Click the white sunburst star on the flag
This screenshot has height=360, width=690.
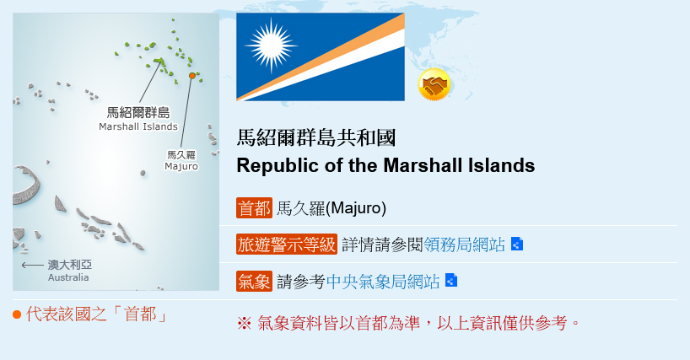pos(271,45)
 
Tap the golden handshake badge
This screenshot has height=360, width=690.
pos(434,84)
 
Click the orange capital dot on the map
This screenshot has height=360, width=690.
pos(191,76)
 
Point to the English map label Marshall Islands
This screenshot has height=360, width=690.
pos(138,126)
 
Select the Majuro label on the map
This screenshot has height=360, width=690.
pos(181,166)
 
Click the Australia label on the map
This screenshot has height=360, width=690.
pos(68,277)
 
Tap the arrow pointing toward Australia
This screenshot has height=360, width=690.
pos(33,265)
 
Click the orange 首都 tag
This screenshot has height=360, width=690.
pos(255,208)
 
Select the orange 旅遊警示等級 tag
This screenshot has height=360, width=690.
pos(287,244)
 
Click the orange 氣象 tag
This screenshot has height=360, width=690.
pos(255,282)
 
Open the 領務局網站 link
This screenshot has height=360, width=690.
pos(464,244)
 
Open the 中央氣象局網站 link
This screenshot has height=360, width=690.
pos(383,282)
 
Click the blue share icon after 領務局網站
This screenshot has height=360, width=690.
pos(517,244)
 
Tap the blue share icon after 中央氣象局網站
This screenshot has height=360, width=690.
pos(451,280)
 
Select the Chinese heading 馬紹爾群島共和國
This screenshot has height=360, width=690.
pos(316,137)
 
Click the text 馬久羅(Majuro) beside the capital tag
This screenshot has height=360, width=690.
pos(332,208)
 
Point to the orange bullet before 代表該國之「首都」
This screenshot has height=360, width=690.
pos(17,314)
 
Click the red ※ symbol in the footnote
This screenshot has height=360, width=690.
pos(245,324)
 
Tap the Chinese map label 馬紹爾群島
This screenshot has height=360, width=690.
pos(138,112)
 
